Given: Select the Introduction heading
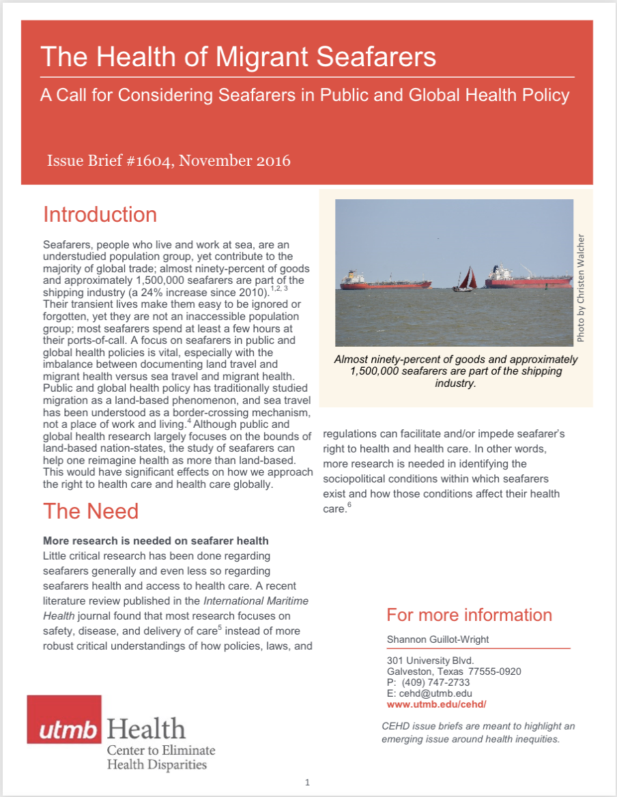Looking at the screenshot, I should click(100, 214).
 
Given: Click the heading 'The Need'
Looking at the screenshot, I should click(91, 511).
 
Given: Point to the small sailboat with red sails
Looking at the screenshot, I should click(465, 279).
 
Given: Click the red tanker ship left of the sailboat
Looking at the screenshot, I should click(374, 280).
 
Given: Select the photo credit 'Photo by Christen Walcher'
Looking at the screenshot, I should click(581, 287).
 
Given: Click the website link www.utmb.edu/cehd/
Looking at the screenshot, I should click(436, 705).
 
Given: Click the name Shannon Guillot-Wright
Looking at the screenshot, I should click(439, 639).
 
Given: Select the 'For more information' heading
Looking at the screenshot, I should click(469, 615).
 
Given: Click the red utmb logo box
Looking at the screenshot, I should click(64, 719).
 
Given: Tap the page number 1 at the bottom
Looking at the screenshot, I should click(308, 782).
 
